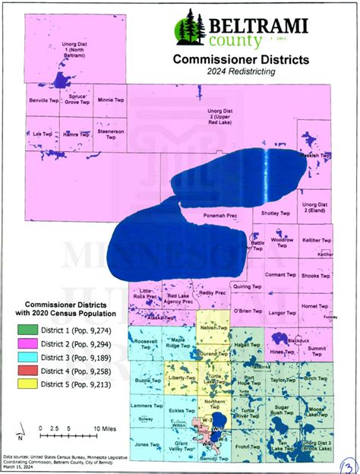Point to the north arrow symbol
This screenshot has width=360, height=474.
[23, 435]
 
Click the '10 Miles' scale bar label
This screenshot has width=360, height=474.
[105, 430]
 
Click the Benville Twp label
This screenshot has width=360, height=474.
[43, 100]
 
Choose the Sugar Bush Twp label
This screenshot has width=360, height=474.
[282, 411]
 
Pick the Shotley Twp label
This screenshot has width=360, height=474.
[276, 214]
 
